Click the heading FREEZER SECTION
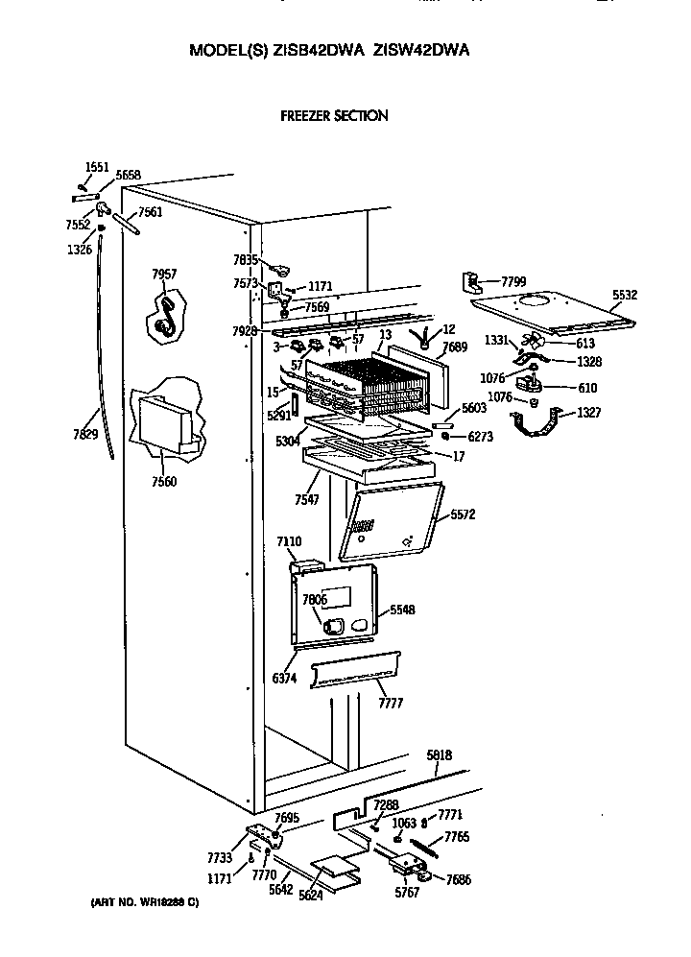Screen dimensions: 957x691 (x=333, y=116)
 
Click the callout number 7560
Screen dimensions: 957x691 (x=165, y=482)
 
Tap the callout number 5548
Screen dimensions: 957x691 (x=401, y=610)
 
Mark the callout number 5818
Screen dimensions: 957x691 (x=440, y=756)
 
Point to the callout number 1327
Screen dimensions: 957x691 (x=589, y=414)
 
